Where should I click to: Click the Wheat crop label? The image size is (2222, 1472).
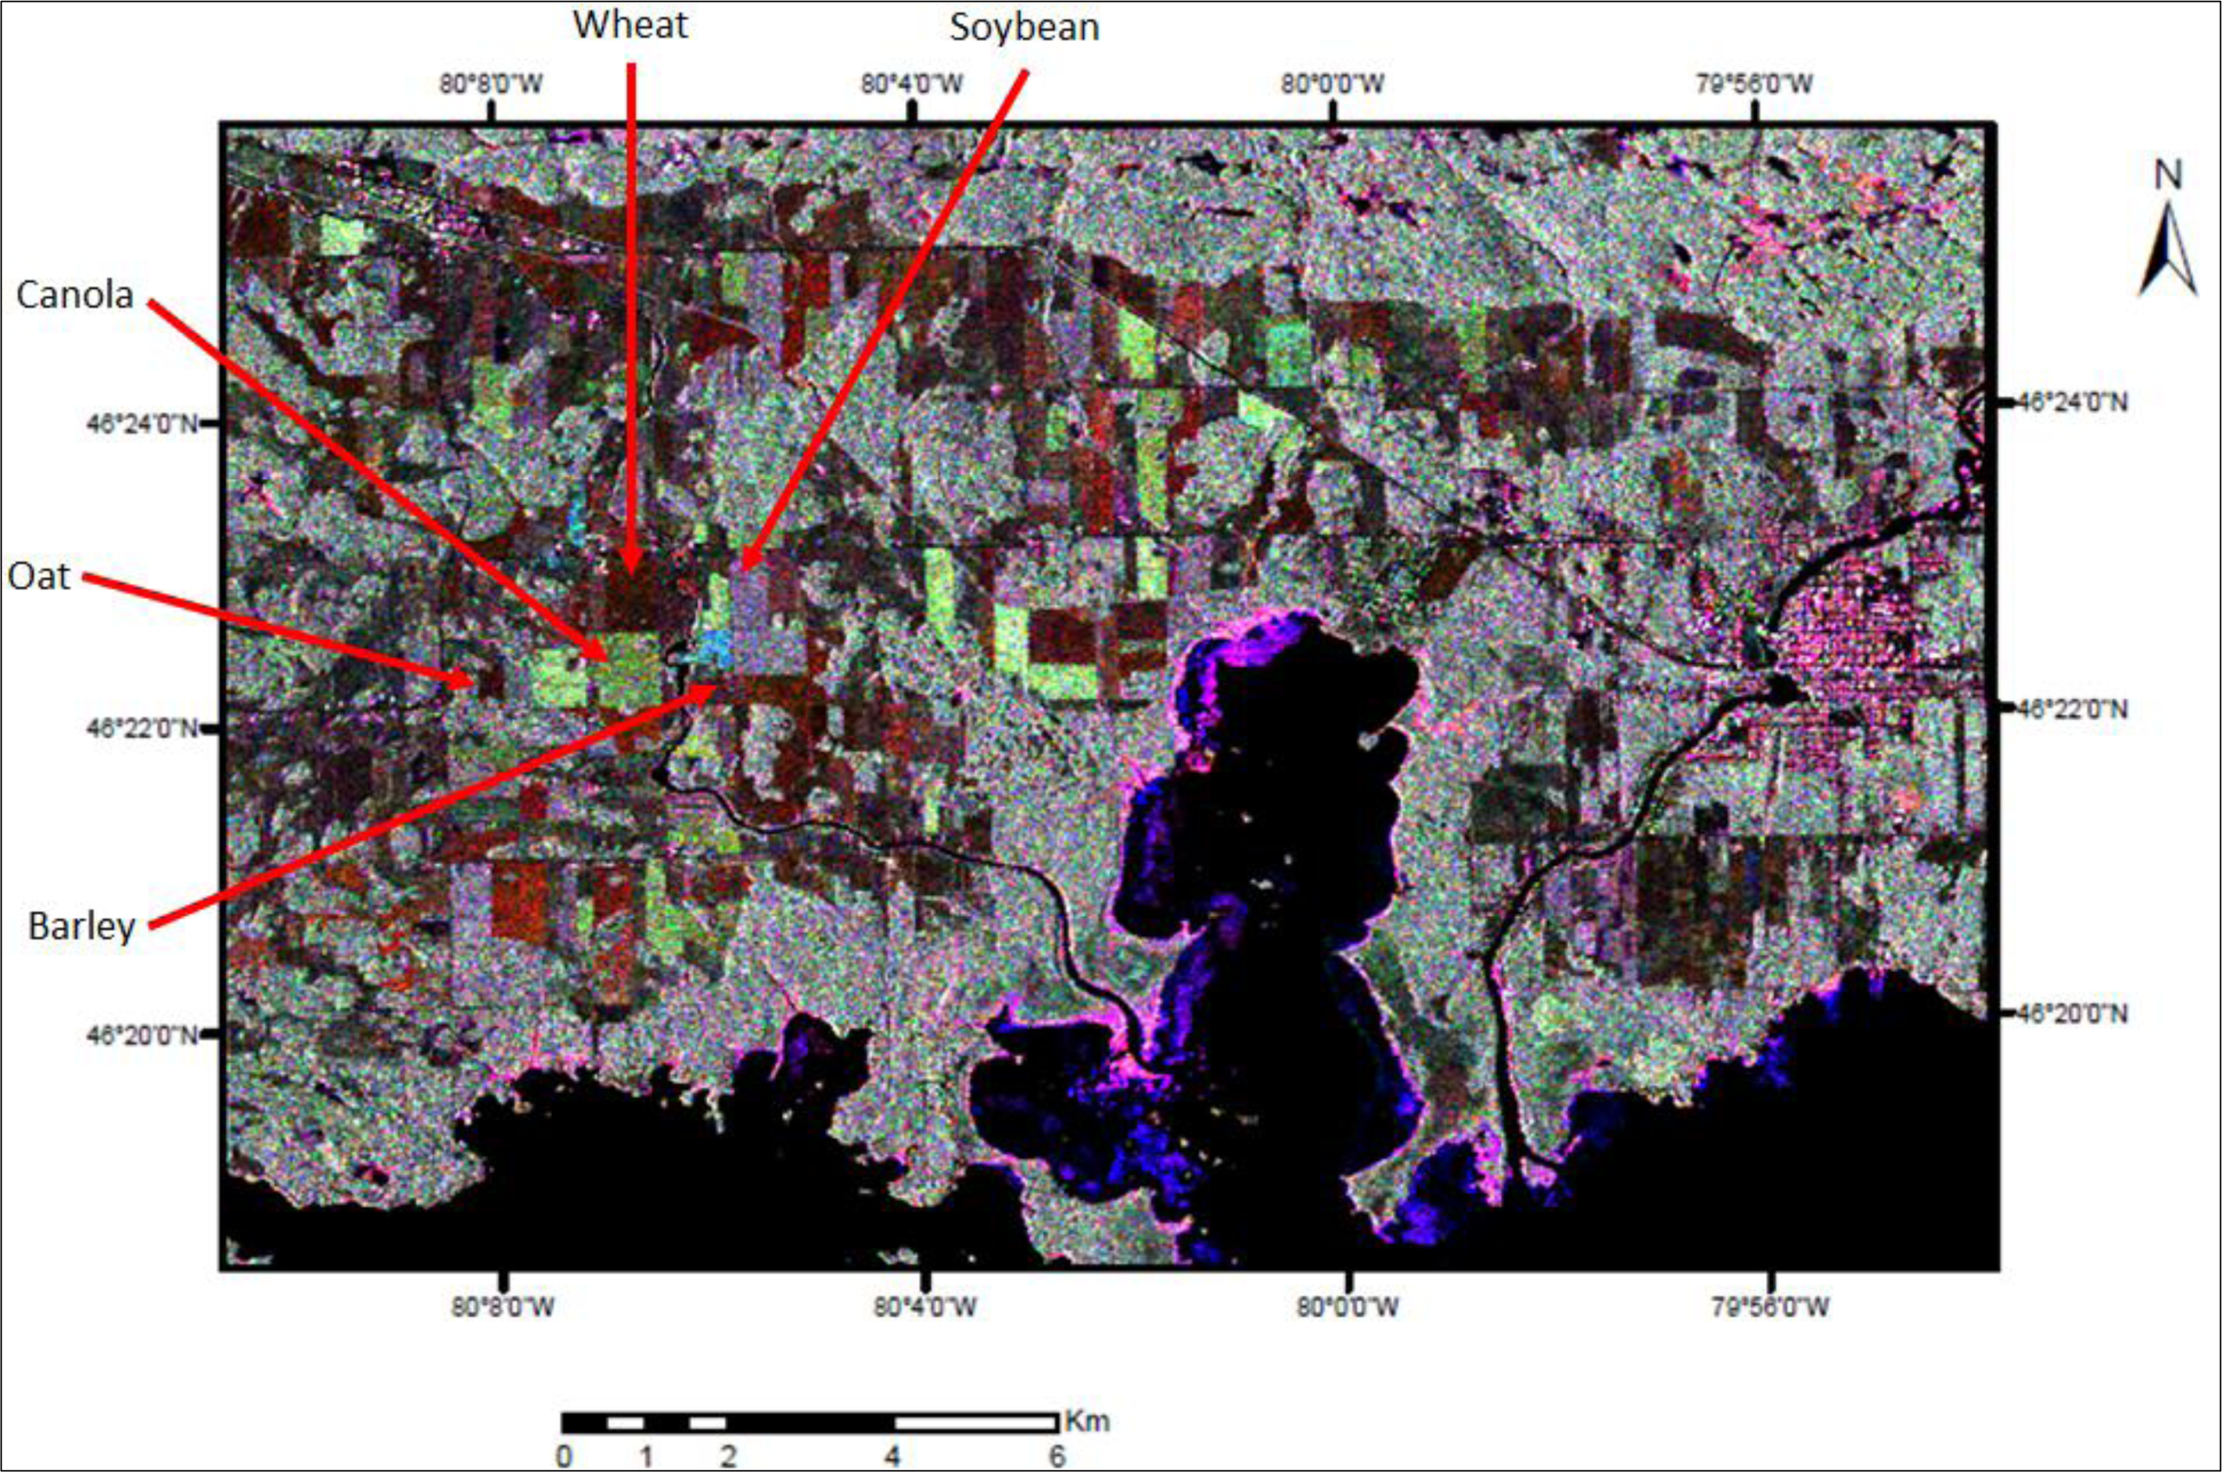tap(630, 24)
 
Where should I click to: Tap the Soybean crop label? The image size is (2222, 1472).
tap(1024, 26)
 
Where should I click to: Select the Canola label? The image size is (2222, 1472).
tap(76, 295)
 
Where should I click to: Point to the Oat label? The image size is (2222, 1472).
tap(38, 575)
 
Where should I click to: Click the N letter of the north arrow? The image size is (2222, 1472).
tap(2167, 175)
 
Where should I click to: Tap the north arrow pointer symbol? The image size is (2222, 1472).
tap(2167, 249)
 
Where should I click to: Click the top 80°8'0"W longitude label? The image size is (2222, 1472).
tap(492, 83)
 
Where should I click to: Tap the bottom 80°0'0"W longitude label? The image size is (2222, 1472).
tap(1347, 1306)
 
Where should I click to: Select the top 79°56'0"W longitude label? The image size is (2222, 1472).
tap(1753, 83)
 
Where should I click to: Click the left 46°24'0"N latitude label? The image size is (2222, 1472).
tap(141, 424)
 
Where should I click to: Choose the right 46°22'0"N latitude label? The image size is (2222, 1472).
tap(2072, 708)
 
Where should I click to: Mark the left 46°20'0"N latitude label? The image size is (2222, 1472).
tap(141, 1035)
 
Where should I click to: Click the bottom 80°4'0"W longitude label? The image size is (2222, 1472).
tap(924, 1306)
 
